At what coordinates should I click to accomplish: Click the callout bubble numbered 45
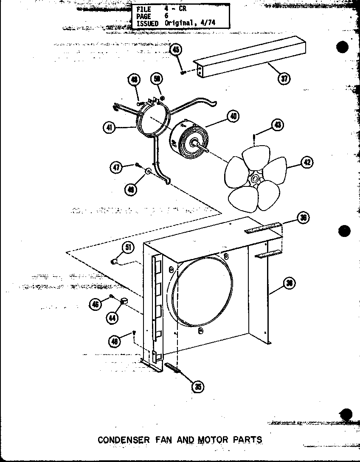coord(176,50)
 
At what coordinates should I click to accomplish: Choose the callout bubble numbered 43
coord(278,125)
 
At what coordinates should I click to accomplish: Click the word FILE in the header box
coord(143,9)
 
